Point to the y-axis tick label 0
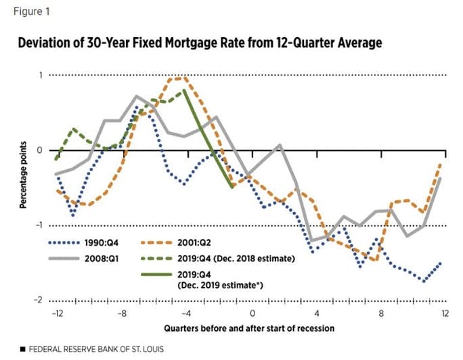coord(39,150)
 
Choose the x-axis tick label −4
coord(186,314)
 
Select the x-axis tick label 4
coord(316,314)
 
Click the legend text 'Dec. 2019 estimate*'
coord(219,286)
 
